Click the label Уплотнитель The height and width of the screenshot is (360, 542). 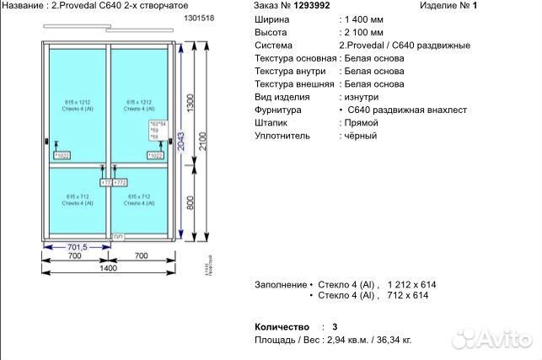pos(282,137)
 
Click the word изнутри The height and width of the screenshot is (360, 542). pos(359,98)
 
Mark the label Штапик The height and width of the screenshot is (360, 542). pos(271,123)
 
